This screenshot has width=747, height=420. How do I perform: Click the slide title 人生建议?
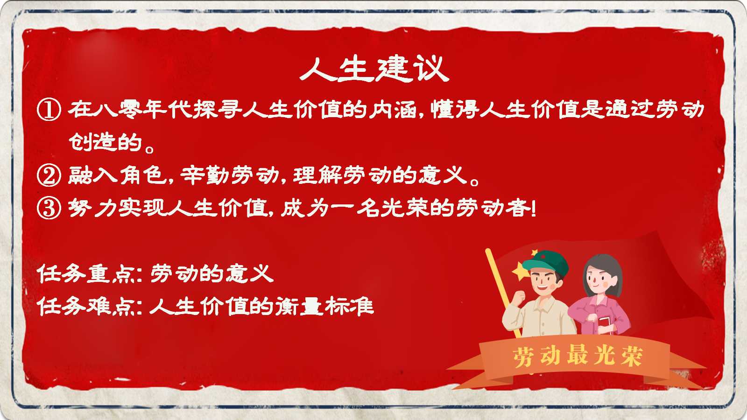(374, 69)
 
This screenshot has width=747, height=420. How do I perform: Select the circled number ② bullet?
(49, 175)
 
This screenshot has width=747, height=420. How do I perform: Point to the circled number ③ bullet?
(49, 208)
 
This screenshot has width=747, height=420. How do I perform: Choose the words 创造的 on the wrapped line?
(106, 142)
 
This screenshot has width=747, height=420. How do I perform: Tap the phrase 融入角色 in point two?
(117, 175)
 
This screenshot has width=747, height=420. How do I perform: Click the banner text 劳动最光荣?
(578, 357)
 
